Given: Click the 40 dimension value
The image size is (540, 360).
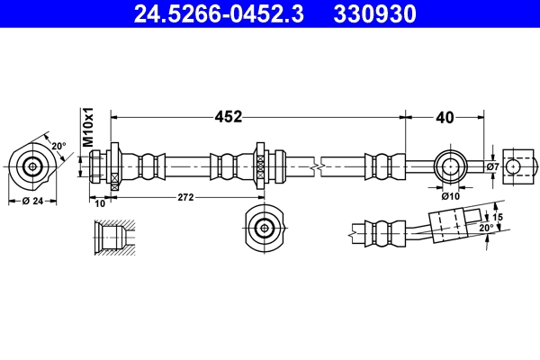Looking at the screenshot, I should (444, 116).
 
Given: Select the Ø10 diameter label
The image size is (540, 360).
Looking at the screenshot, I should (451, 194).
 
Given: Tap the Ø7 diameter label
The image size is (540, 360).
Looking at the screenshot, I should (491, 166).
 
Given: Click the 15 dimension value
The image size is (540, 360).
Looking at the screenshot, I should (496, 216).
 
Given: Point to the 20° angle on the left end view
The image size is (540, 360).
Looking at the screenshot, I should (57, 146).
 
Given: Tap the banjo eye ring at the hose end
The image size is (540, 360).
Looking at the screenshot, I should (450, 166).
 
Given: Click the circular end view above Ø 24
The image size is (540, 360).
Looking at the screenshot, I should (33, 166).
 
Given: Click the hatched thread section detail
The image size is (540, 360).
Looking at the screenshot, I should (114, 236).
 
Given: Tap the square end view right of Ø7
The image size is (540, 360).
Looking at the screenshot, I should (513, 166).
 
